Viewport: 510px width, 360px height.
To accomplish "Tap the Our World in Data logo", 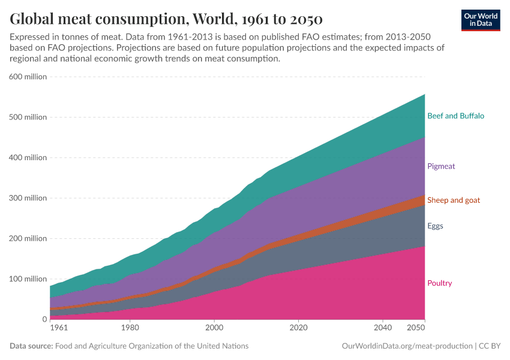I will [481, 19].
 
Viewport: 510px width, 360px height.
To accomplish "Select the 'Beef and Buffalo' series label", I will [455, 116].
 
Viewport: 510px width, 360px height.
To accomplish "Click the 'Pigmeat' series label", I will [441, 166].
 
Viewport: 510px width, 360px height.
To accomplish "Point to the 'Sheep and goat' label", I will [453, 200].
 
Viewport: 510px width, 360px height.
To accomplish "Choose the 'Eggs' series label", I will [436, 226].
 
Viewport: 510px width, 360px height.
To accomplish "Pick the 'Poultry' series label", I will [439, 283].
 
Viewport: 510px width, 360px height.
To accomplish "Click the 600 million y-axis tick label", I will [28, 77].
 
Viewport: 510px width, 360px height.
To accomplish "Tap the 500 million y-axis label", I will [28, 117].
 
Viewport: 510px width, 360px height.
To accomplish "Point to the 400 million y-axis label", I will [28, 158].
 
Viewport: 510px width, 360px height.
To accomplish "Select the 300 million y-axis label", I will [28, 198].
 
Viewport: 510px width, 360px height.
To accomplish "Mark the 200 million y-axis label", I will [28, 239].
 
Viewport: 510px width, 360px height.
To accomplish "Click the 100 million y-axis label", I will [28, 279].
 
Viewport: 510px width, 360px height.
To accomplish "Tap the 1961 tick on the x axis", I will [59, 328].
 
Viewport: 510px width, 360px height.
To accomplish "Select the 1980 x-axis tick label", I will [130, 328].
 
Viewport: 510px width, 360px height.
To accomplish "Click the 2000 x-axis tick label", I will [214, 328].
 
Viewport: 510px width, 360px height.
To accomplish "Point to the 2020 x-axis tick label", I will [298, 328].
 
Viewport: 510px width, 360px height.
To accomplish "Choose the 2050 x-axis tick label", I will [416, 328].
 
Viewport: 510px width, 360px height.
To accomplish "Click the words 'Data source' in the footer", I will [31, 346].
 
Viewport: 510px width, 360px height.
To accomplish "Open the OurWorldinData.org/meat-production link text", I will [406, 346].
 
